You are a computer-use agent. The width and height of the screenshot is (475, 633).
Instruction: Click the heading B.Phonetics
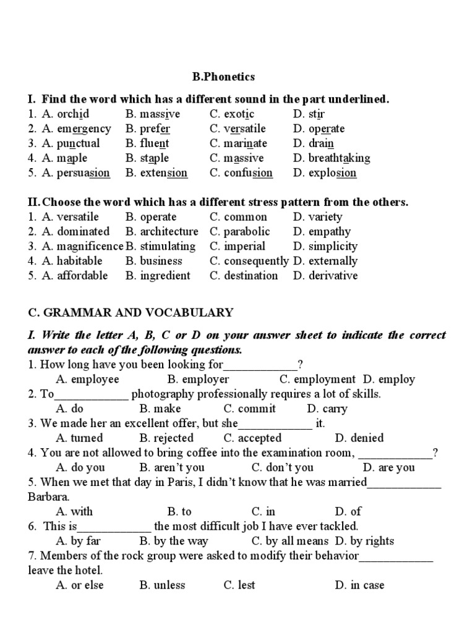pos(223,77)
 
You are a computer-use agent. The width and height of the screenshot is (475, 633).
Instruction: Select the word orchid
pos(73,114)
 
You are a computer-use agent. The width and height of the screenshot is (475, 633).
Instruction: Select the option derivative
pos(333,276)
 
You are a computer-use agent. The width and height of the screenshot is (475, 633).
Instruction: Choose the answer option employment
pos(325,380)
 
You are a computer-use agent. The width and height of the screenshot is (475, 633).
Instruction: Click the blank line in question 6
pos(114,527)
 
